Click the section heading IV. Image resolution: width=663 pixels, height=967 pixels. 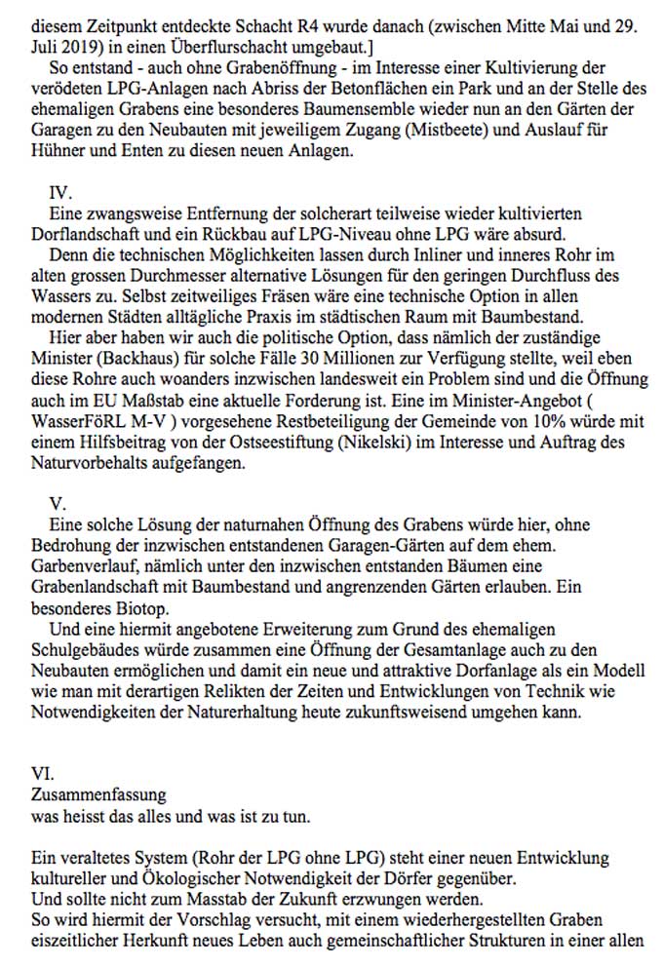pos(59,196)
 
